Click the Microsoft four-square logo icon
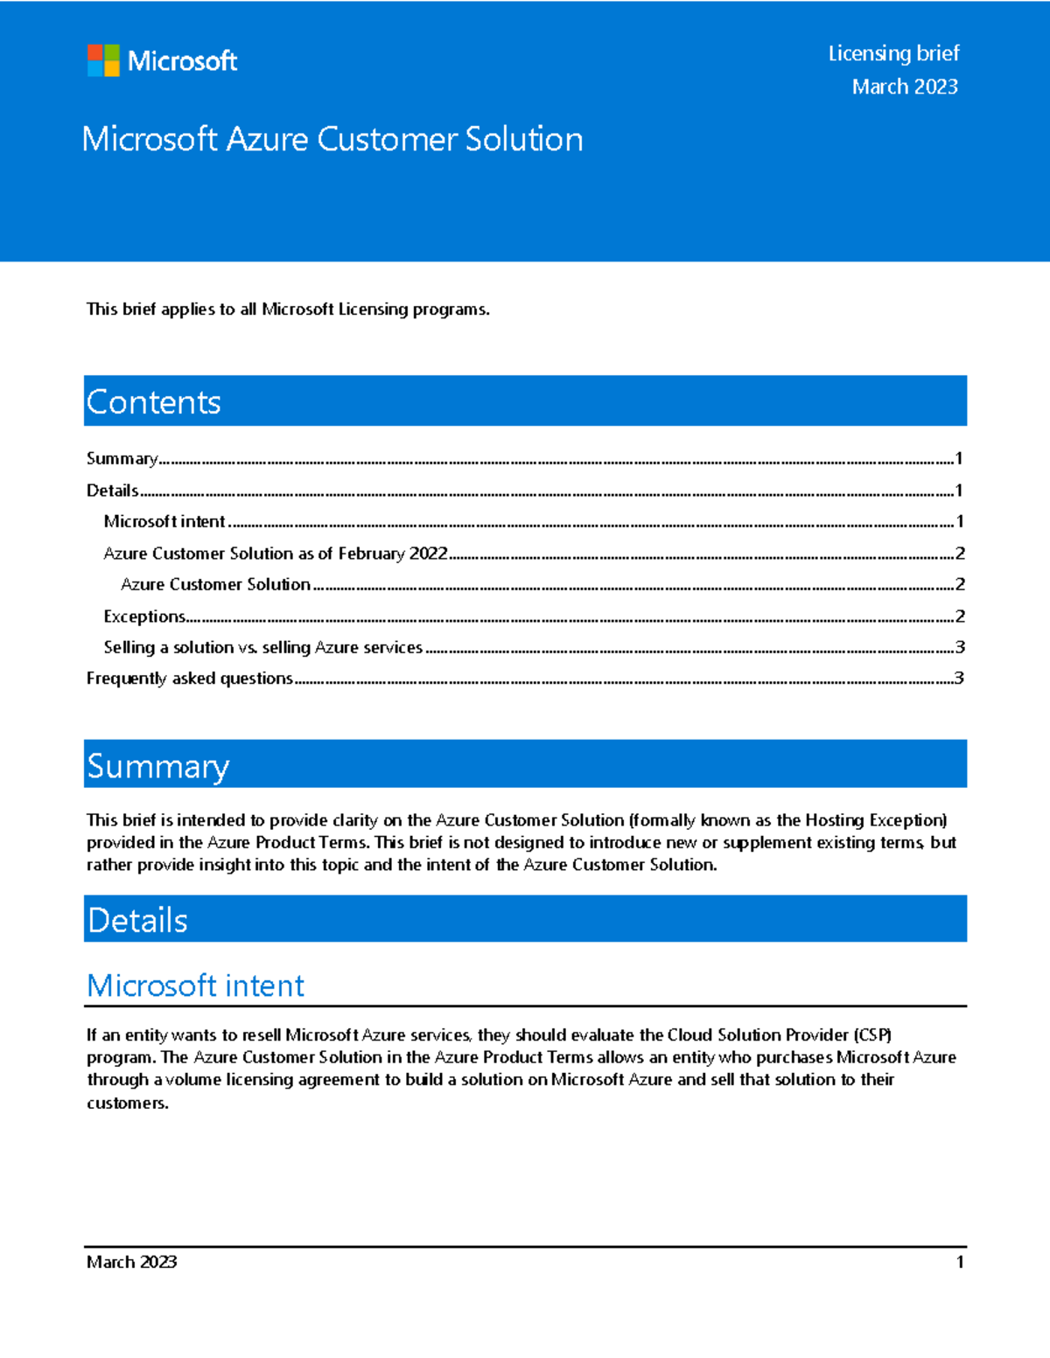pos(103,60)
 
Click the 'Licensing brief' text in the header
pos(893,53)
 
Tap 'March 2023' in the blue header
pos(905,87)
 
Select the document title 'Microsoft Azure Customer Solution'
pos(332,139)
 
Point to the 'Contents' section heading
pos(154,402)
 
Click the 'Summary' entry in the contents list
pos(122,458)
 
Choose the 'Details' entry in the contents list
pos(112,491)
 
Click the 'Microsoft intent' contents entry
pos(164,521)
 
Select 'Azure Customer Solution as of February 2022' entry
pos(276,554)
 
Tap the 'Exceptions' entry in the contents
pos(144,616)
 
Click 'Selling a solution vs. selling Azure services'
pos(262,647)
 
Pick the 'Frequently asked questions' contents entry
pos(189,679)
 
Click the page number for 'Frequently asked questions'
pos(959,679)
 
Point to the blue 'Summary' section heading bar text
pos(157,766)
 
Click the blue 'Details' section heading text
pos(137,920)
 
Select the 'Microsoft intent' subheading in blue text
pos(195,985)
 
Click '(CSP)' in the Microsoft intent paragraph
pos(872,1035)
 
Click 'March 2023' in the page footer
pos(131,1262)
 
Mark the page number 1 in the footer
pos(960,1262)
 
